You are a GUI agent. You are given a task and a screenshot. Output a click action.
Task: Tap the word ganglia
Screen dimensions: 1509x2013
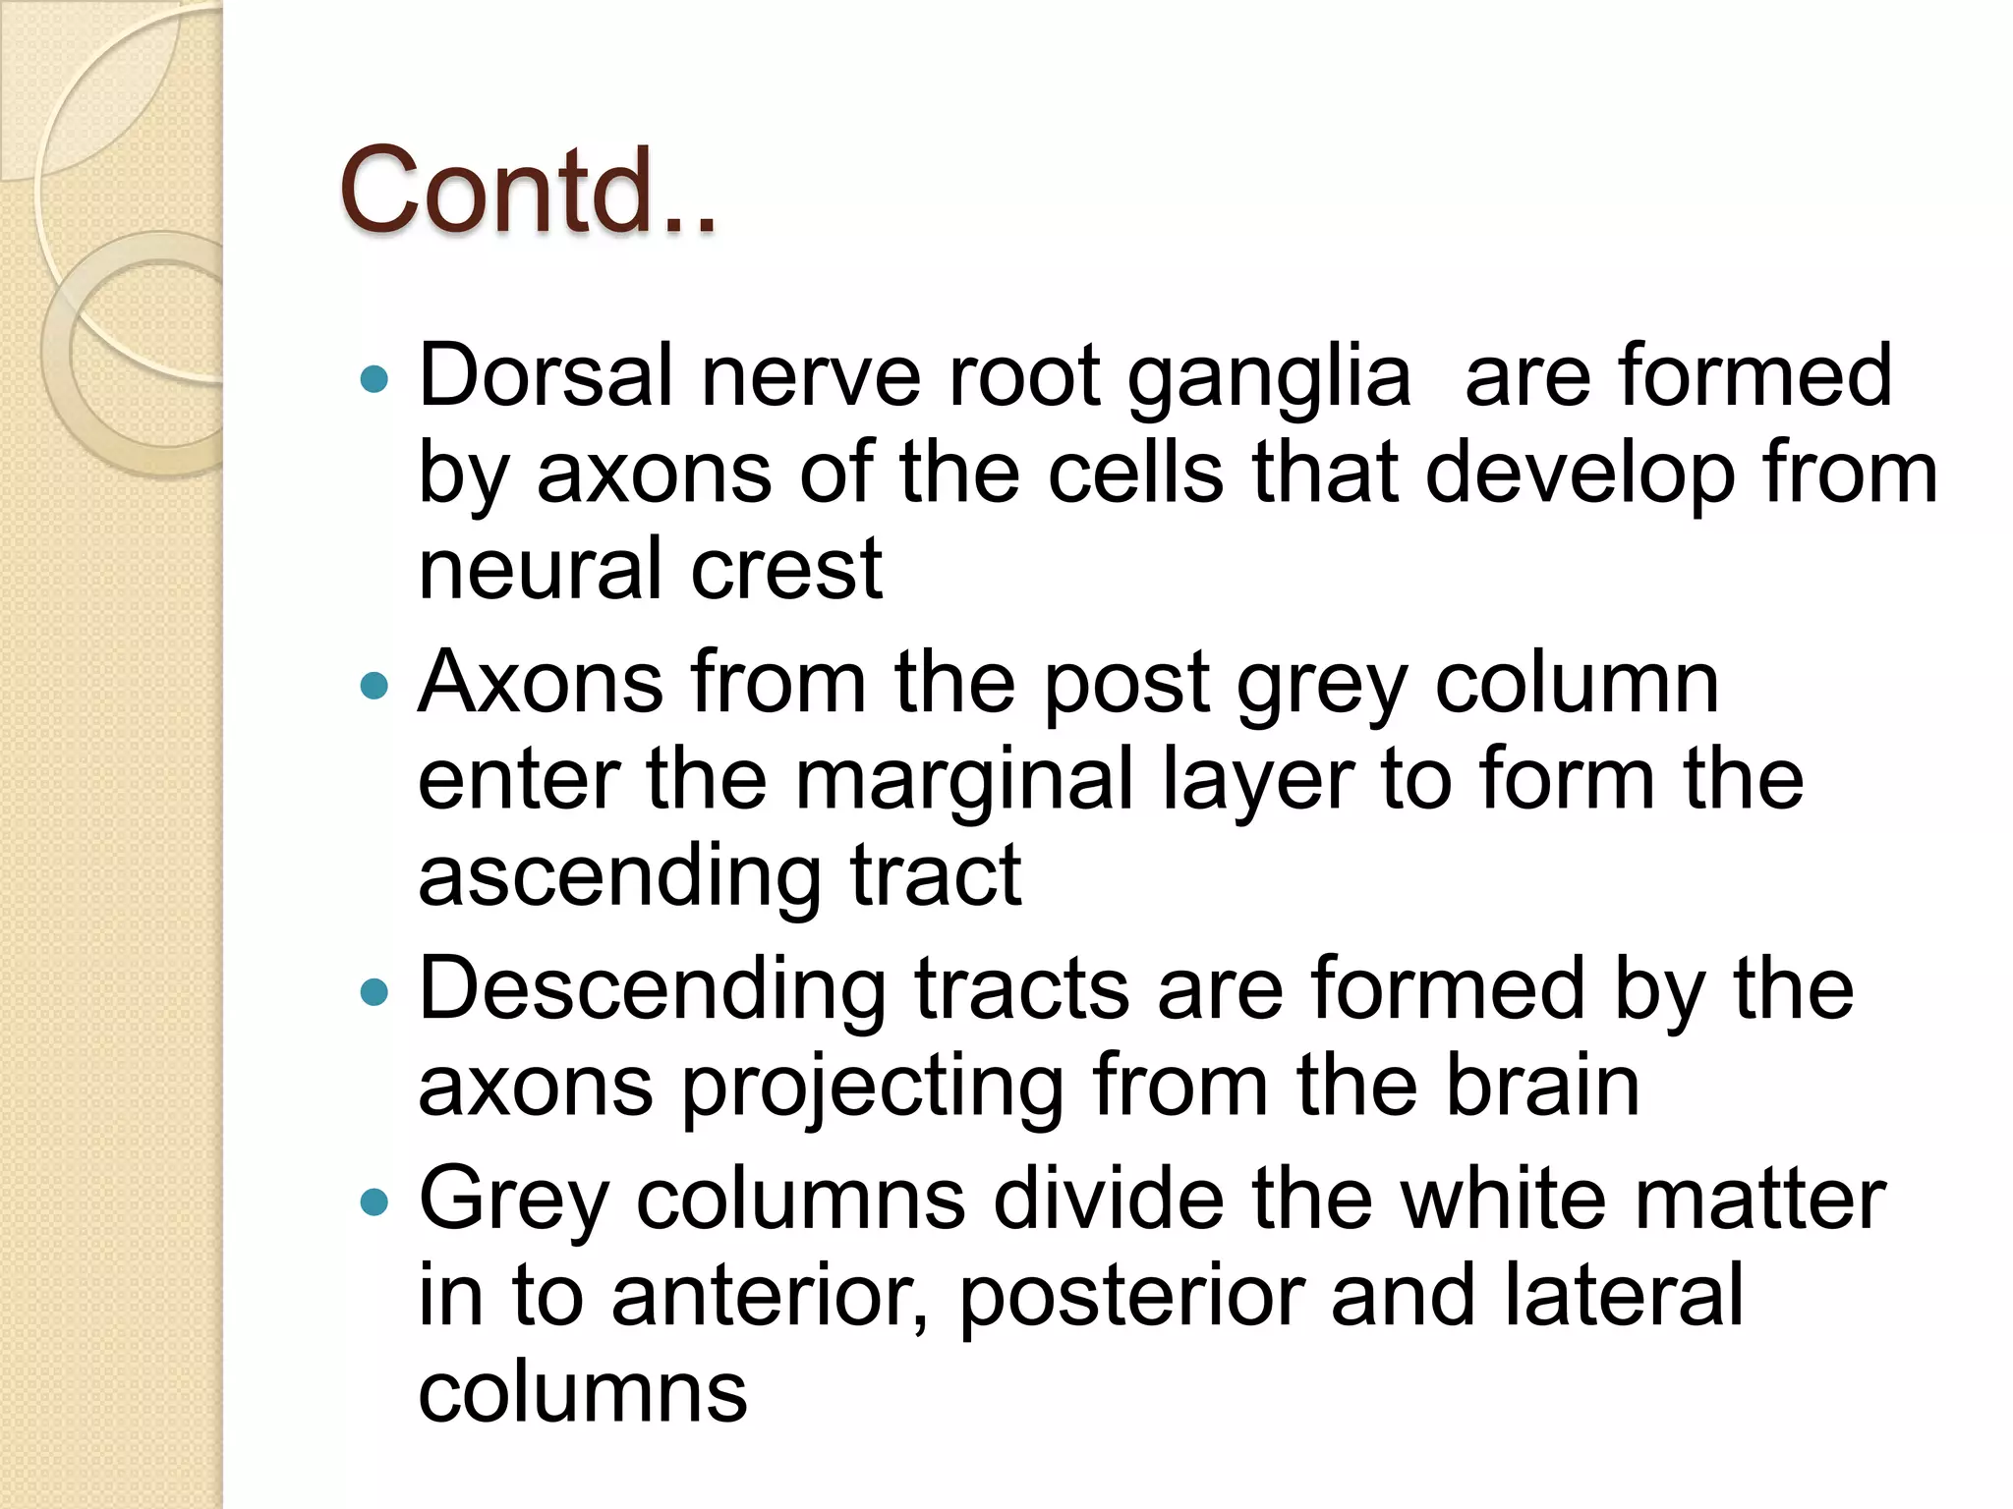(1269, 376)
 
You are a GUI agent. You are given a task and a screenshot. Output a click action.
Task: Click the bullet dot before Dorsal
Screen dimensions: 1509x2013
(374, 379)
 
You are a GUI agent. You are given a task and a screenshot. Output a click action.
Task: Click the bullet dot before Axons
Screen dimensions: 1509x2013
(374, 685)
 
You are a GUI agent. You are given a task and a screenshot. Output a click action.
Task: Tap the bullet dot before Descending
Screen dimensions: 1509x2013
(374, 992)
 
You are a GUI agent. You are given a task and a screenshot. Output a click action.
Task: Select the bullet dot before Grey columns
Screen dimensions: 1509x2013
(374, 1201)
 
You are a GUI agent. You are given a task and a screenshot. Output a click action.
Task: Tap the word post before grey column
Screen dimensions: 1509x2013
(1124, 685)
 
